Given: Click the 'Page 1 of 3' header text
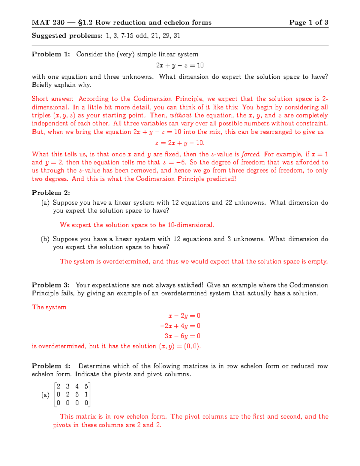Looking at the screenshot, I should [x=308, y=23].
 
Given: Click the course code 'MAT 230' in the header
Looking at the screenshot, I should [x=48, y=23].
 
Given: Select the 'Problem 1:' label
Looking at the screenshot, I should [x=51, y=54].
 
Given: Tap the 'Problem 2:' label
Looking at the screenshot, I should [x=51, y=193].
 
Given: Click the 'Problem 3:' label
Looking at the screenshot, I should [x=51, y=285].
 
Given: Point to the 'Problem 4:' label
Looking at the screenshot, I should [x=51, y=366].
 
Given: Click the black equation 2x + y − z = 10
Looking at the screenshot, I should [x=180, y=65].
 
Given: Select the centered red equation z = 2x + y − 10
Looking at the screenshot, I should [x=180, y=143].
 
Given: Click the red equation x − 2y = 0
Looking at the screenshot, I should [x=184, y=316].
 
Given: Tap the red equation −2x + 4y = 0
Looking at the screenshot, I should [x=180, y=326].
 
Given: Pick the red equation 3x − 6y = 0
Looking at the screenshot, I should [x=182, y=336].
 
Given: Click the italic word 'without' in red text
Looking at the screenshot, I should [x=181, y=116].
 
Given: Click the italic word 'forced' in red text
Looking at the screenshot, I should [x=250, y=154].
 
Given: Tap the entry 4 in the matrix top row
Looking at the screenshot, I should [x=77, y=386].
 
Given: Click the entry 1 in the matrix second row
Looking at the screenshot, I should [x=86, y=395].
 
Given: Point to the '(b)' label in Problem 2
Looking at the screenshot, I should [x=45, y=239].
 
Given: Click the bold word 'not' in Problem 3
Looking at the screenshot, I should [x=148, y=285].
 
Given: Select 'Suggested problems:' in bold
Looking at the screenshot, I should [x=67, y=36].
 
